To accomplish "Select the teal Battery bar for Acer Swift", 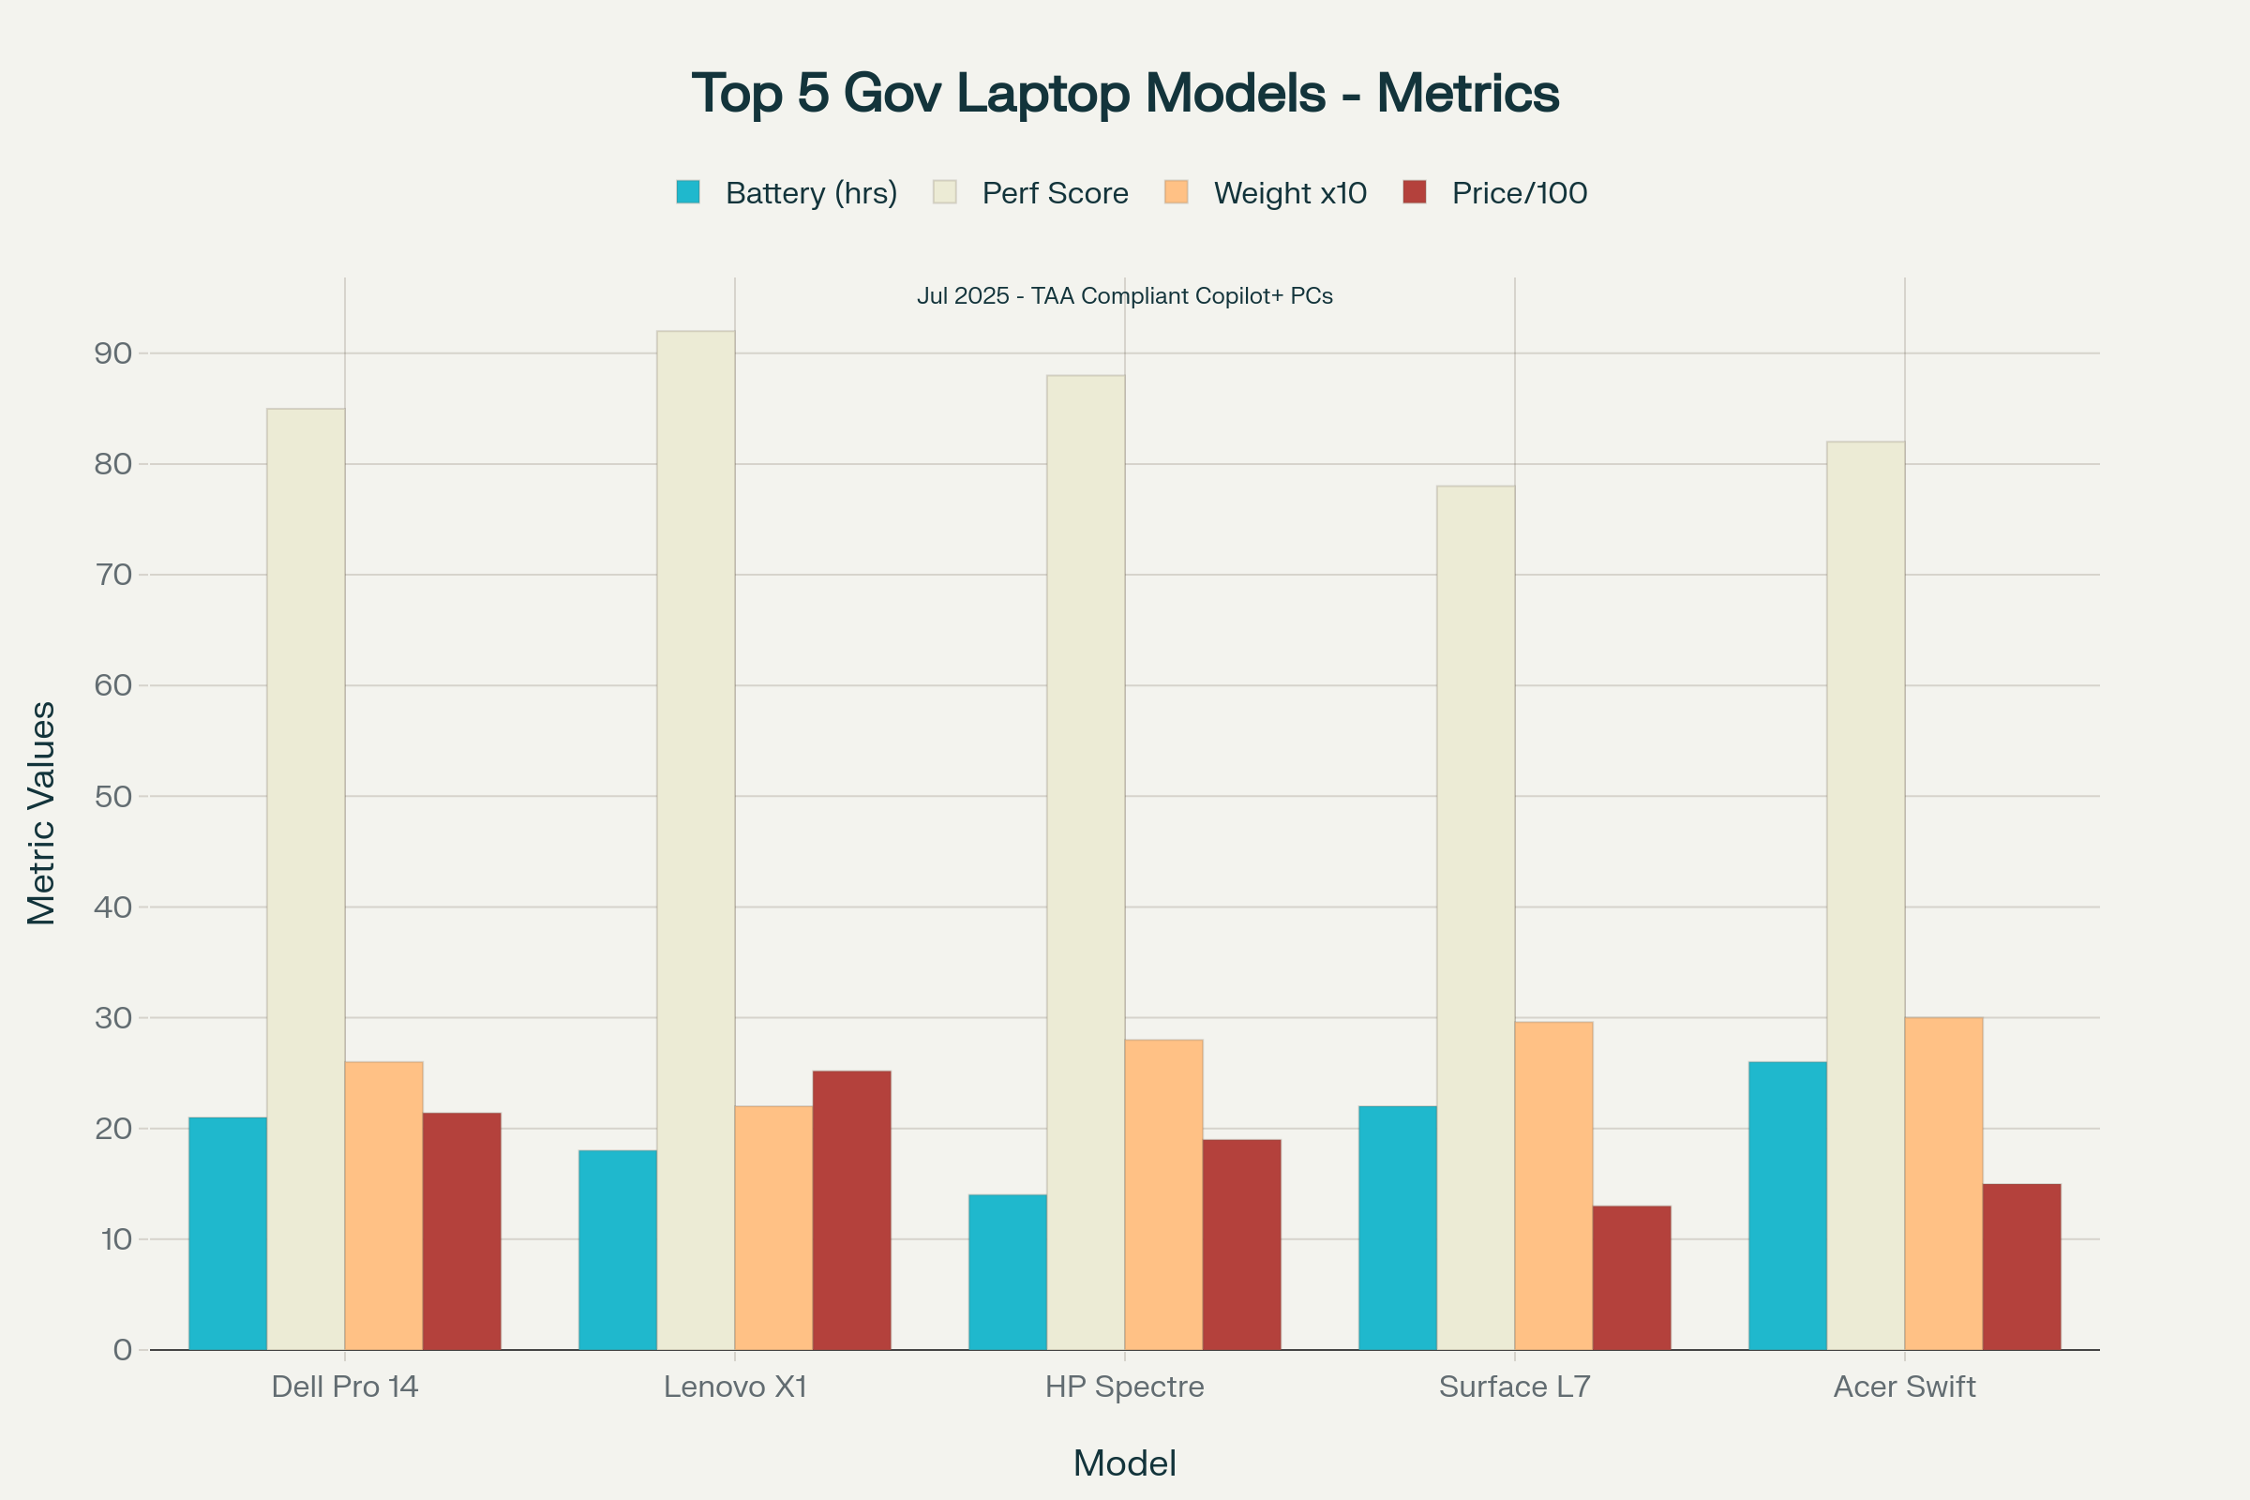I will [x=1787, y=1206].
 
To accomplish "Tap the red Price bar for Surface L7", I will [x=1631, y=1277].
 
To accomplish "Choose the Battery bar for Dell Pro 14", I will [x=228, y=1233].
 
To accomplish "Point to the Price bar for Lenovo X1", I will [x=851, y=1210].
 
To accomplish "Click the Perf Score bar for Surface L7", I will [x=1475, y=918].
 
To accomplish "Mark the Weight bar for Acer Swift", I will [x=1942, y=1183].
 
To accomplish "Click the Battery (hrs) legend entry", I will [x=787, y=192].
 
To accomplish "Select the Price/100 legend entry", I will [x=1495, y=192].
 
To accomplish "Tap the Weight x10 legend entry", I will [x=1266, y=192].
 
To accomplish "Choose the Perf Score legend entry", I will [x=1031, y=192].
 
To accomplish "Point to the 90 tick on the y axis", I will [x=112, y=354].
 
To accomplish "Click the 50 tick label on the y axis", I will [x=112, y=797].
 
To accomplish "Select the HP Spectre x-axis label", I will [x=1124, y=1387].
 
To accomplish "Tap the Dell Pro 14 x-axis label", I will [x=344, y=1387].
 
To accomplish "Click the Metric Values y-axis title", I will [x=41, y=813].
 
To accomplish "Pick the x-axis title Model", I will [x=1124, y=1463].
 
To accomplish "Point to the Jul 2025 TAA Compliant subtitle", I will [x=1124, y=295].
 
